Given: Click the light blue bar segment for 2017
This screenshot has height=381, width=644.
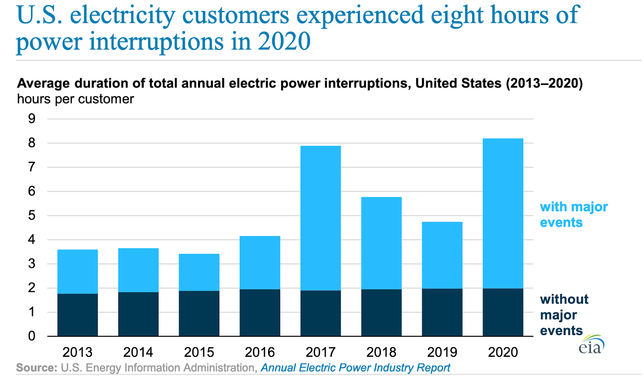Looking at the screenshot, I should pos(320,218).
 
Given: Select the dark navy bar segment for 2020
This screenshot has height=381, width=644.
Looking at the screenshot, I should pos(503,312).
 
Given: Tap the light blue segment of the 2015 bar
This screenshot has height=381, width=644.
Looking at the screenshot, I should pos(199,272).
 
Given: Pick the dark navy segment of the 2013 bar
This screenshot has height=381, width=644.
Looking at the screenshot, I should pos(78,314).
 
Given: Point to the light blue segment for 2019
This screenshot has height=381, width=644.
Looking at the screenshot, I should pos(442,255).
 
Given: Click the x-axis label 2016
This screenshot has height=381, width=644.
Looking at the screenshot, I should pos(260,352).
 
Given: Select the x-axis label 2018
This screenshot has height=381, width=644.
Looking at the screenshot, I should pos(381,352).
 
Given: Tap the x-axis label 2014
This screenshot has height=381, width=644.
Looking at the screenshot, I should pos(138,352).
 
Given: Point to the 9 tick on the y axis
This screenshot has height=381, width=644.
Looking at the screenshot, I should pos(31,119).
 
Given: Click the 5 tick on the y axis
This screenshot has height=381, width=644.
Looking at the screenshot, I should pos(31,215).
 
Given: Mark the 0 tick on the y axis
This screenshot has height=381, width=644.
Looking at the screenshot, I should pos(31,336).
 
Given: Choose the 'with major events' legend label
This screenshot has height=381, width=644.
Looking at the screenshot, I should pos(574,214).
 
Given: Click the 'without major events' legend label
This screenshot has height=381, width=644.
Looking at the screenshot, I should pos(563,314).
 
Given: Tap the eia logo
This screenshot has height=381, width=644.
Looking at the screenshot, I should pos(591,345).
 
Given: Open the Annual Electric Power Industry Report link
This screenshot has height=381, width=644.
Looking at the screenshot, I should pos(355,368).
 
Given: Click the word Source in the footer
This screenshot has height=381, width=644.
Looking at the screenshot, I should pos(37,368).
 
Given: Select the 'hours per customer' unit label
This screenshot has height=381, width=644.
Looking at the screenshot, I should pos(75,99).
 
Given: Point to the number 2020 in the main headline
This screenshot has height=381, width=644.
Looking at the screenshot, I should pos(284,41).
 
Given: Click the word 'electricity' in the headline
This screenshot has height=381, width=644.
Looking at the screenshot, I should pos(123,15).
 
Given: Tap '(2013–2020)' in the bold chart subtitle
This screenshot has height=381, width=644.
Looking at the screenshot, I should pos(544,83).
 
